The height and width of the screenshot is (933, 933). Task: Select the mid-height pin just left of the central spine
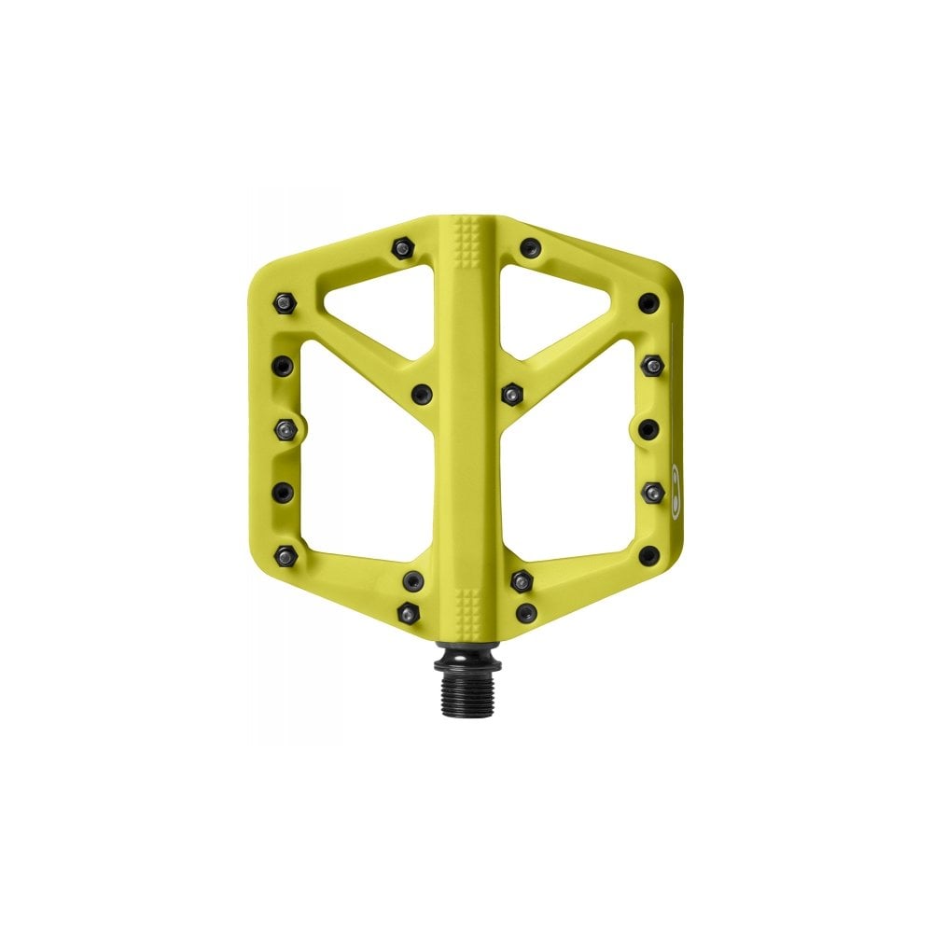point(423,393)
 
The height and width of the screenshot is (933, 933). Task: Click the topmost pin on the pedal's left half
point(402,248)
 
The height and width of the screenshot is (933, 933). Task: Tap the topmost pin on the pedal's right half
point(530,248)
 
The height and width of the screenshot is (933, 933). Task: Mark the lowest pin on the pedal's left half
point(407,611)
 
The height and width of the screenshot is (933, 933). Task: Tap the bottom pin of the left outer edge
point(285,554)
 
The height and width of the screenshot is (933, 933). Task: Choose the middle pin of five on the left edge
point(285,427)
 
